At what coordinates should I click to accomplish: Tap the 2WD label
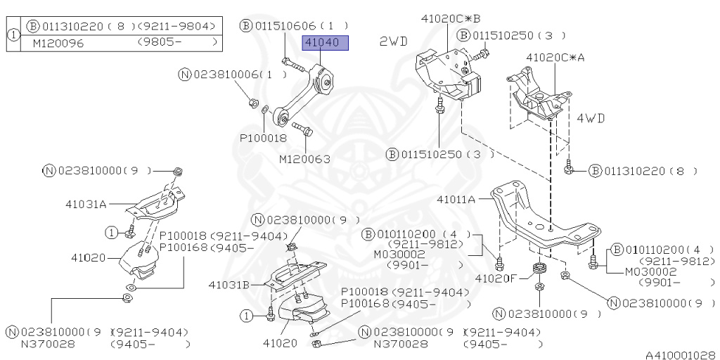point(394,41)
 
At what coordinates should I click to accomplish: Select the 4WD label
point(591,118)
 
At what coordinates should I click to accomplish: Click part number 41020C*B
point(451,19)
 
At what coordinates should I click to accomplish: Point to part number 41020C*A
point(555,58)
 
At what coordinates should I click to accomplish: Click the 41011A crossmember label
point(456,200)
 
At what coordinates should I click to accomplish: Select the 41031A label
point(85,205)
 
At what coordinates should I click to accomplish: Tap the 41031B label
point(229,285)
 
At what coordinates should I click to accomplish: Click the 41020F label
point(496,278)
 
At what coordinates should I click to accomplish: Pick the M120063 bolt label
point(305,160)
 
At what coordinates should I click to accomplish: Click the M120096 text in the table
point(58,44)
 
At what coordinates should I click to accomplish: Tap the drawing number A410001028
point(680,355)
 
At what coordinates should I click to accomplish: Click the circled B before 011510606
point(246,26)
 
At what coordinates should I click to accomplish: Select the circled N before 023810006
point(185,75)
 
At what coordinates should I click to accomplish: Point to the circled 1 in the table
point(14,35)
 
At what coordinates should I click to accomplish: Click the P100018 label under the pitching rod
point(263,138)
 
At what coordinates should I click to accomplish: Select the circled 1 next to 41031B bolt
point(247,316)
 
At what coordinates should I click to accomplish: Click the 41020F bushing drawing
point(538,269)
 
